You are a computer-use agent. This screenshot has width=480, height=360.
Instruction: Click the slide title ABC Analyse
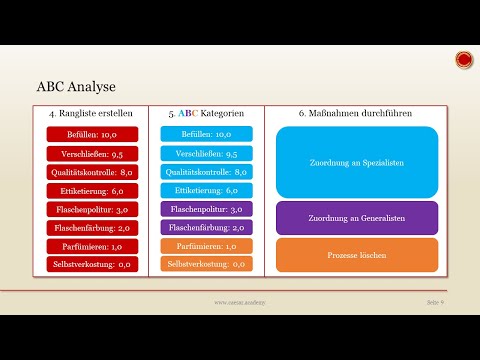coord(77,87)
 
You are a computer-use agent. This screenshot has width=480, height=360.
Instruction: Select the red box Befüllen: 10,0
coord(90,133)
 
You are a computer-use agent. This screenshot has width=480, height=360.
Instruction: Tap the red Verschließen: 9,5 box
coord(90,154)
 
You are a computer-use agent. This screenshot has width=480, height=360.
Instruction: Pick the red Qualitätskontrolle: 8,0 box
coord(90,172)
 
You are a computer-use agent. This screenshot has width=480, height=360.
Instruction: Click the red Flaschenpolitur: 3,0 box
coord(90,210)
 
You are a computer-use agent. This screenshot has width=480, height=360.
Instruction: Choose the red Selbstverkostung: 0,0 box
coord(90,265)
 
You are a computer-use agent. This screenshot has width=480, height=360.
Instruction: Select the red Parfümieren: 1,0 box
coord(90,246)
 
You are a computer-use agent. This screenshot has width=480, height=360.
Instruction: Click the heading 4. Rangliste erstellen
coord(90,113)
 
